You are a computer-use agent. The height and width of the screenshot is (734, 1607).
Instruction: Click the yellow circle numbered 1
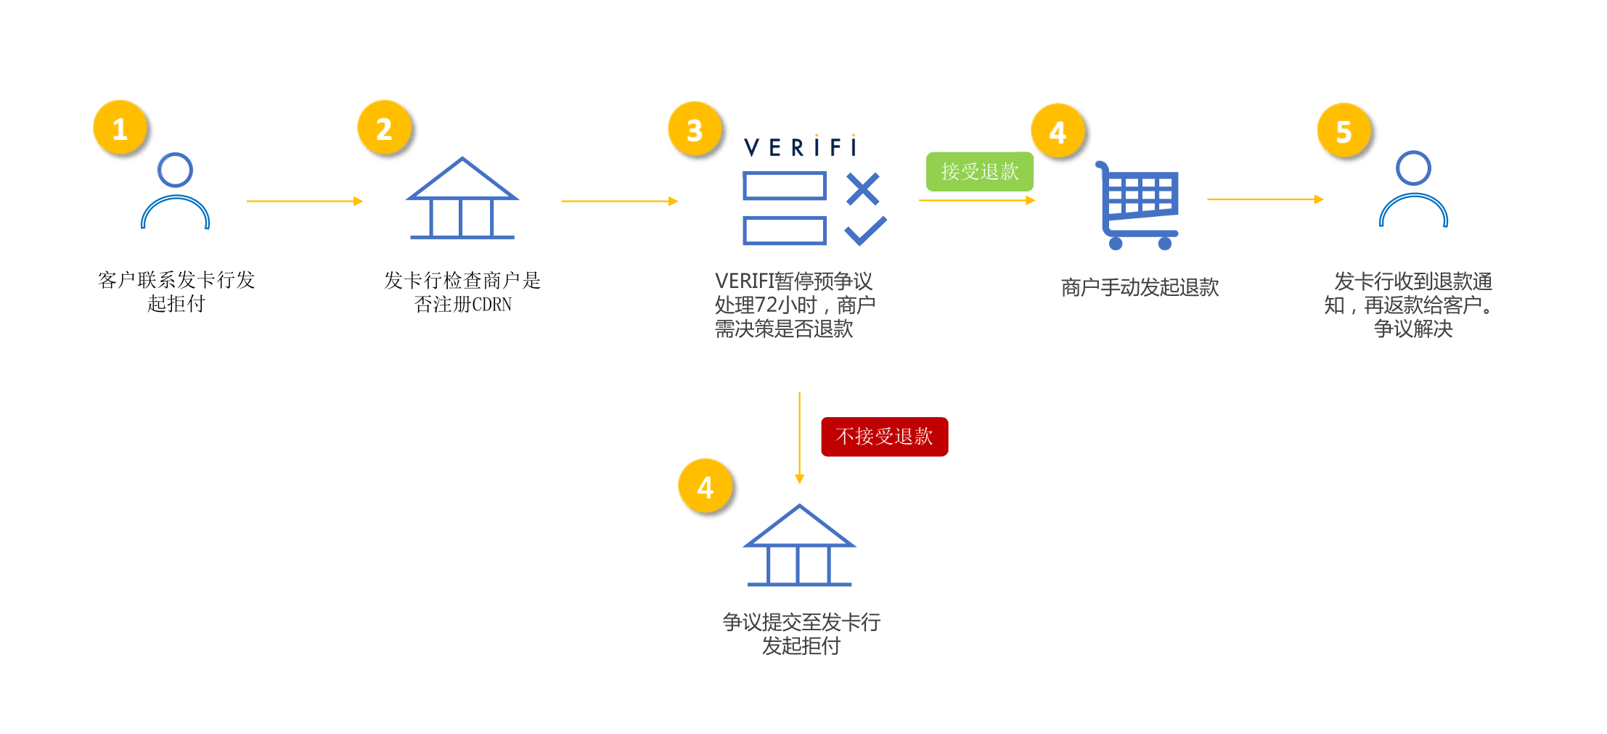point(120,128)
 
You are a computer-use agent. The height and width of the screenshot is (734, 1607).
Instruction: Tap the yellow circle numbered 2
point(385,128)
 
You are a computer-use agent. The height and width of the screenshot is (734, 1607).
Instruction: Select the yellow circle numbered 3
point(695,130)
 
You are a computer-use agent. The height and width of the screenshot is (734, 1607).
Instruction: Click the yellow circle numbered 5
point(1344,131)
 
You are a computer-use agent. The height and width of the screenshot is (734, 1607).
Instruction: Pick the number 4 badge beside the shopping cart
point(1058,131)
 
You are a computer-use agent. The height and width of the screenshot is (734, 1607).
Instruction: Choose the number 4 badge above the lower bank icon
point(705,487)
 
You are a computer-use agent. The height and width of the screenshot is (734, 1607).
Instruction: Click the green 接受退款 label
point(979,172)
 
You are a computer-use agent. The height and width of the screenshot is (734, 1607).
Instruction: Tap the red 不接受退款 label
point(884,437)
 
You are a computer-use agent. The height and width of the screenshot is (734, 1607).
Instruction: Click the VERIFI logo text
point(800,147)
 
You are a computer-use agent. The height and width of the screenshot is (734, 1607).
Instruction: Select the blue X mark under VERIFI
point(863,189)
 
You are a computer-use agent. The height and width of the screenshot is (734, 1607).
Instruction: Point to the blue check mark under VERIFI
point(865,231)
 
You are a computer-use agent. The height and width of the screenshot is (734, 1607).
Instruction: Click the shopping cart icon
point(1138,206)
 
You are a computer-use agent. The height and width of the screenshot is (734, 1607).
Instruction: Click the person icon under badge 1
point(176,191)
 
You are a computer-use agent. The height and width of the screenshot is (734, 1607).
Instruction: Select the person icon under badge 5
point(1413,190)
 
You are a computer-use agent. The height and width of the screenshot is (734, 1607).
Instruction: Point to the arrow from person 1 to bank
point(304,201)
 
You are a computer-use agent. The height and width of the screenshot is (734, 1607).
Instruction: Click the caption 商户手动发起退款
point(1140,288)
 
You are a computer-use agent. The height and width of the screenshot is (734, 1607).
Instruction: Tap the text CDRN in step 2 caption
point(491,305)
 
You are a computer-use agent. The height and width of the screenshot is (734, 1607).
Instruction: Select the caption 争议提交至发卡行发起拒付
point(801,633)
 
